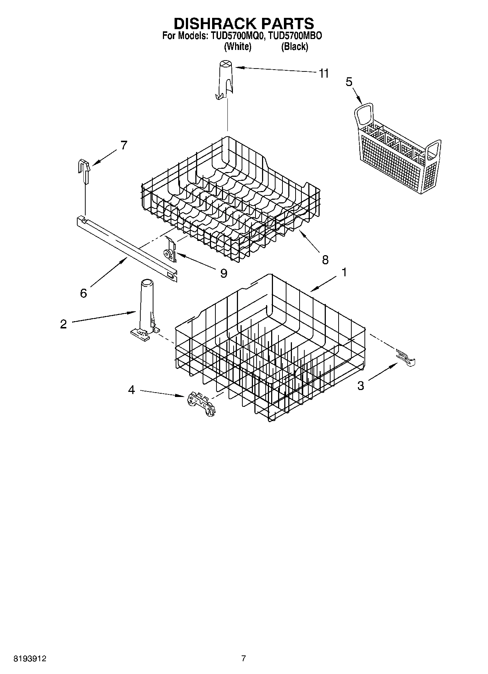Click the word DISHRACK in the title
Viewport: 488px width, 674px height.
coord(213,23)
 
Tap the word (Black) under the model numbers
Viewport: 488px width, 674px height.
coord(294,47)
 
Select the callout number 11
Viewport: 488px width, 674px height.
coord(323,73)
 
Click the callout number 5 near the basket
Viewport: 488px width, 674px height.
coord(349,82)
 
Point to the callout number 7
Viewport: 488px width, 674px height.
coord(124,145)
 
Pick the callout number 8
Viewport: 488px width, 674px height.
coord(325,260)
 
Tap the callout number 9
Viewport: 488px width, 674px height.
coord(223,273)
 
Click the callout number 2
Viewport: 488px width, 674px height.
coord(63,324)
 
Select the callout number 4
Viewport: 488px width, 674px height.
coord(132,390)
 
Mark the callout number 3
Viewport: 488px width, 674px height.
coord(360,386)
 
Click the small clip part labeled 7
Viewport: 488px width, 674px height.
coord(85,171)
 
